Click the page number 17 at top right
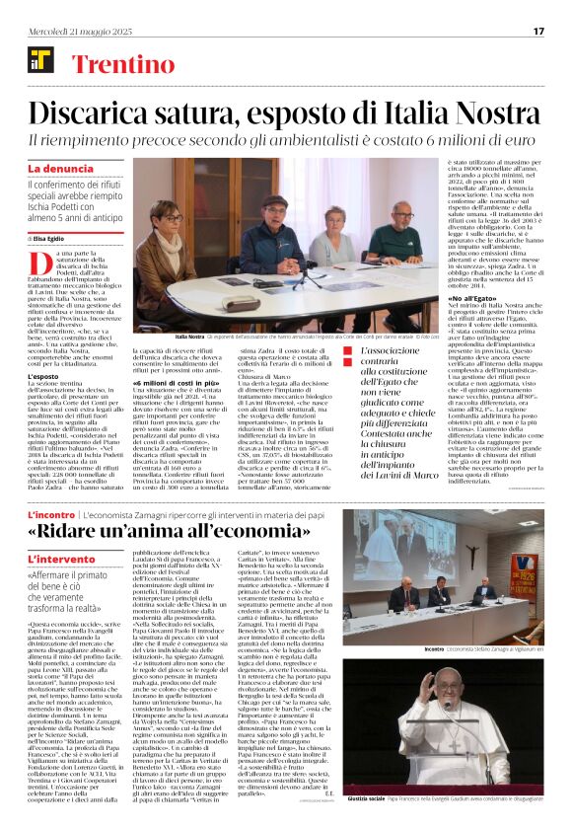538,31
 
